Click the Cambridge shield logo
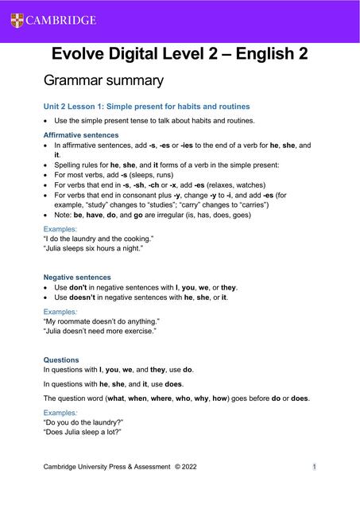click(x=17, y=20)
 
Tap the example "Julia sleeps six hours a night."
click(x=93, y=248)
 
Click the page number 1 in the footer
click(x=315, y=466)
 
